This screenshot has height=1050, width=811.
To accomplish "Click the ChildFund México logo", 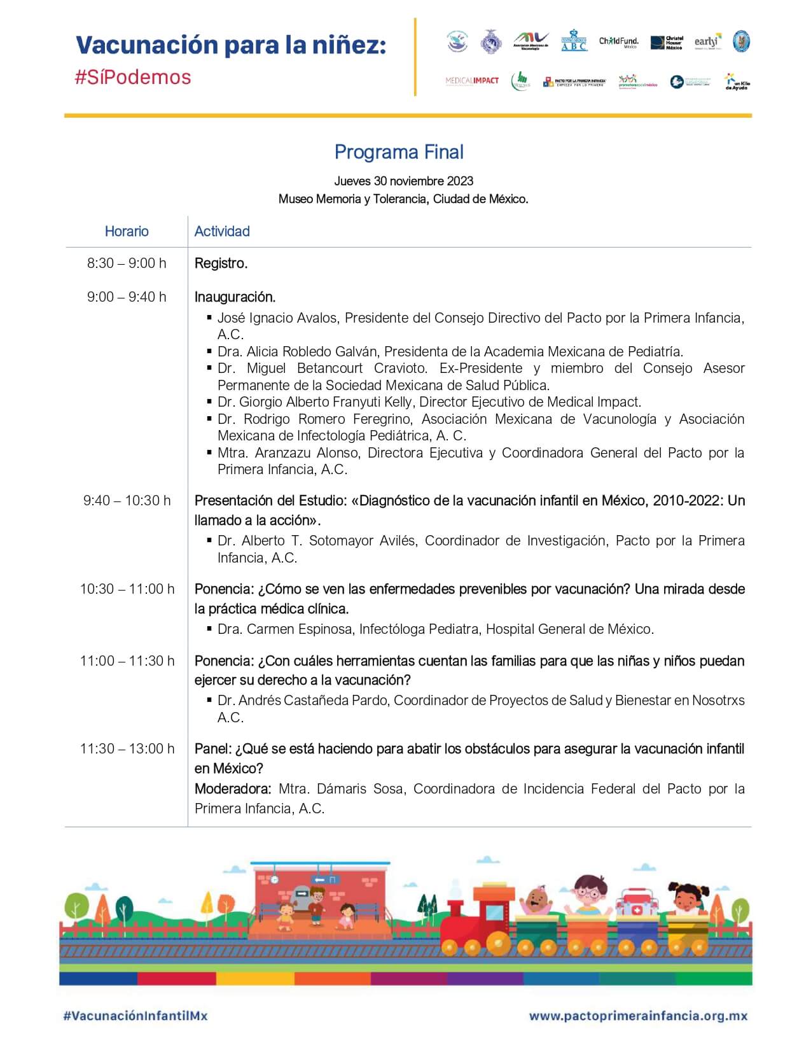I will coord(618,42).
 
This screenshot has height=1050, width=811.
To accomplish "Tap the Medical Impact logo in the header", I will coord(472,81).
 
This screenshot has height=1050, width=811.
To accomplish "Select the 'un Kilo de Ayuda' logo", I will coord(737,81).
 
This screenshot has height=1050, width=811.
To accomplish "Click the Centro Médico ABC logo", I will coord(574,40).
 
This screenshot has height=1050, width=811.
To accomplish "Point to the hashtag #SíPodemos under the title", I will coord(133,77).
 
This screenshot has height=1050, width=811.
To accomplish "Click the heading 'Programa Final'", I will coord(399,152).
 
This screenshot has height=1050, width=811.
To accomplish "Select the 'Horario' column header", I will coord(127,231).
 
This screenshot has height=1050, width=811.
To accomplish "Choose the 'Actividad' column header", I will coord(222,231).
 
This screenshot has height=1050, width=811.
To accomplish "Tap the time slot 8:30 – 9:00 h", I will coord(127,263).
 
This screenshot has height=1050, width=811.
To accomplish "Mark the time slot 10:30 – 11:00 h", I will coord(127,589).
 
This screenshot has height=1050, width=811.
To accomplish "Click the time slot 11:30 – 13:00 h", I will coord(127,748).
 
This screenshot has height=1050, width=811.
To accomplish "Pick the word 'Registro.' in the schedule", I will coord(221,263).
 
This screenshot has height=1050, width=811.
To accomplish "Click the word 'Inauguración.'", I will coord(235,297).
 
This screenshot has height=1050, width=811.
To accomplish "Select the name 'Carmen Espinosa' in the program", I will coord(300,629).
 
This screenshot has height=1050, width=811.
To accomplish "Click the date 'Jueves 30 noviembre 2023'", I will coord(403,181).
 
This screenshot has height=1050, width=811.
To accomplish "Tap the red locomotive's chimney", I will coord(456,907).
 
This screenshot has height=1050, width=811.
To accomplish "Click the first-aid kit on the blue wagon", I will coord(633,904).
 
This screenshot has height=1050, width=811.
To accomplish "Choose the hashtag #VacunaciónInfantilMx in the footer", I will coord(135,1016).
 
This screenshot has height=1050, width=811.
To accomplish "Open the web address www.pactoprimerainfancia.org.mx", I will coord(638,1016).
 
